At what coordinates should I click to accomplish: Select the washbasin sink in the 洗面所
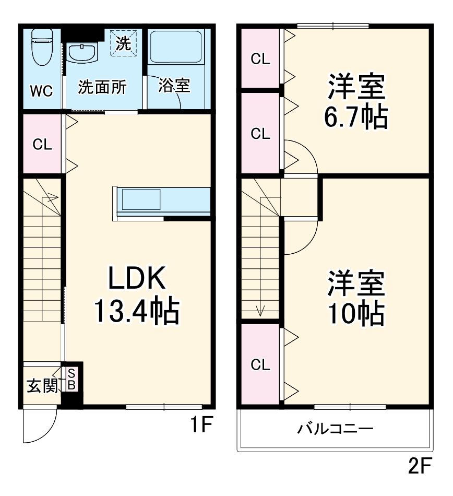pos(82,53)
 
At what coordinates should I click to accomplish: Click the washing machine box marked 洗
pos(123,43)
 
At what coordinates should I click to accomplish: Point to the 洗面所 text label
pos(102,87)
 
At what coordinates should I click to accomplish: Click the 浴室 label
pos(174,86)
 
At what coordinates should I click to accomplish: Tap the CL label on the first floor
pos(42,145)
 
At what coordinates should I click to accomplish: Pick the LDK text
pos(137,278)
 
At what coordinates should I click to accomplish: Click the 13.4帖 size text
pos(137,311)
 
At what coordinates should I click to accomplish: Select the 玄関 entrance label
pos(42,386)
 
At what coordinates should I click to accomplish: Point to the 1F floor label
pos(200,427)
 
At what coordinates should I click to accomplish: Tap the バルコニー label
pos(335,429)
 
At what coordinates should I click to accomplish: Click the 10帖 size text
pos(356,313)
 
